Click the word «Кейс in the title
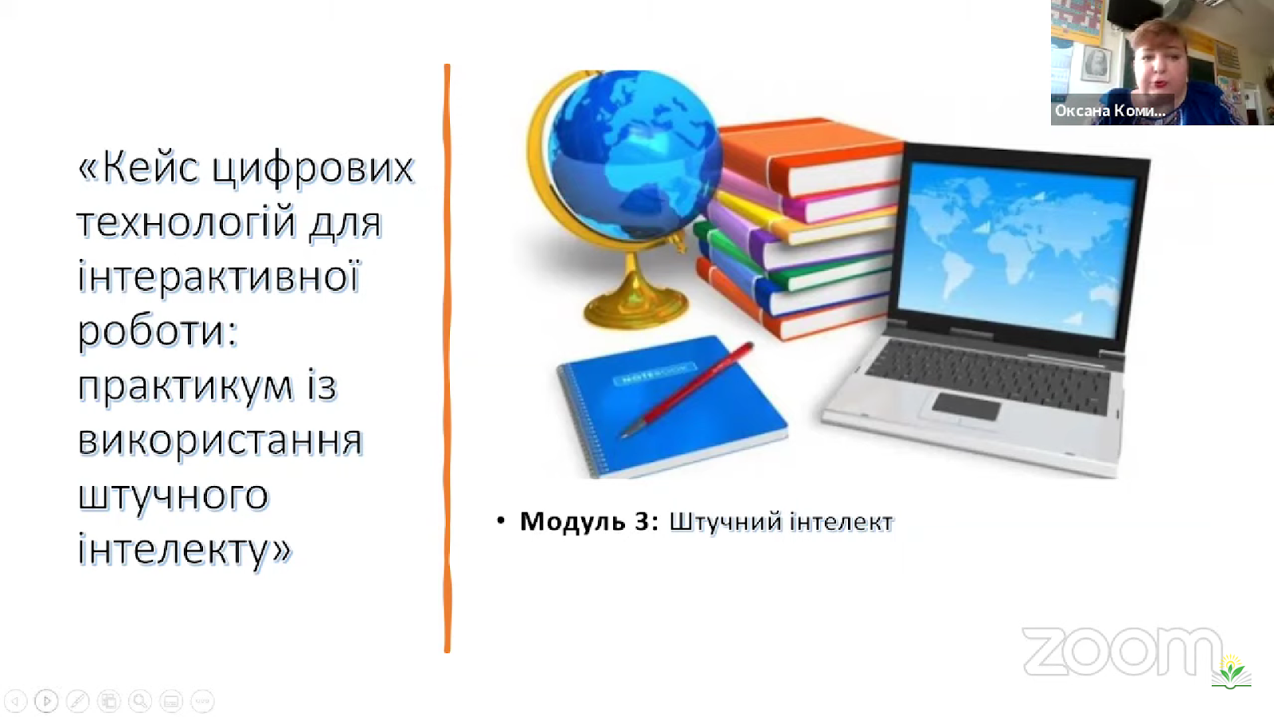[x=139, y=167]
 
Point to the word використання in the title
[x=220, y=441]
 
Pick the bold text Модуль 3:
[x=589, y=521]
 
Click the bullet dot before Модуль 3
[x=501, y=521]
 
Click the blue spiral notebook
[x=672, y=406]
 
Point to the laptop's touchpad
[x=965, y=406]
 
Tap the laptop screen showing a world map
[x=1018, y=250]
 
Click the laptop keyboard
[x=988, y=375]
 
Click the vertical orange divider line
[x=447, y=358]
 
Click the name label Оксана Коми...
[x=1110, y=111]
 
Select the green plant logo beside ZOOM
[x=1231, y=672]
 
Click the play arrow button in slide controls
[x=47, y=700]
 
